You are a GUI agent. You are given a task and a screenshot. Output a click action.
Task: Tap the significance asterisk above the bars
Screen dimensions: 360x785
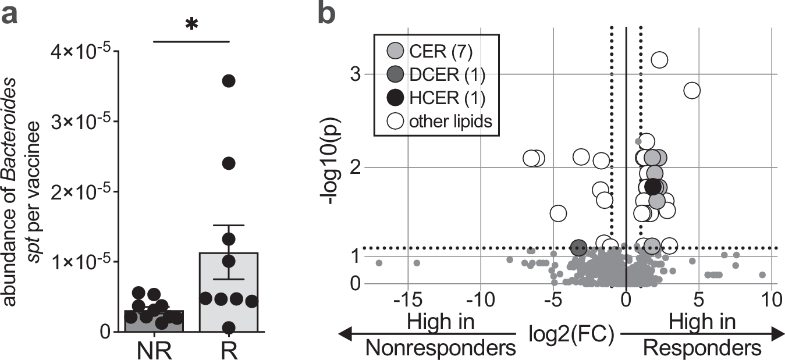pos(191,25)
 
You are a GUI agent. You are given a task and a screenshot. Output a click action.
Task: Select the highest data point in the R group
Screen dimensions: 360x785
pos(229,81)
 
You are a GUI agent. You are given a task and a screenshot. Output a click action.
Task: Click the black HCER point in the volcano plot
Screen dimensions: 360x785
pos(653,187)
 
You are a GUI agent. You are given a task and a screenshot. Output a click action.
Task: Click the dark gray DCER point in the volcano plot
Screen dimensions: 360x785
pos(578,248)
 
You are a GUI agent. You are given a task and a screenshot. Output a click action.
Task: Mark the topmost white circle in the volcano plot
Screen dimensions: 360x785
pos(659,59)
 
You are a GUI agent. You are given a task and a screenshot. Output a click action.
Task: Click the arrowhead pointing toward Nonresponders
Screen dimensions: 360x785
pos(345,334)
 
